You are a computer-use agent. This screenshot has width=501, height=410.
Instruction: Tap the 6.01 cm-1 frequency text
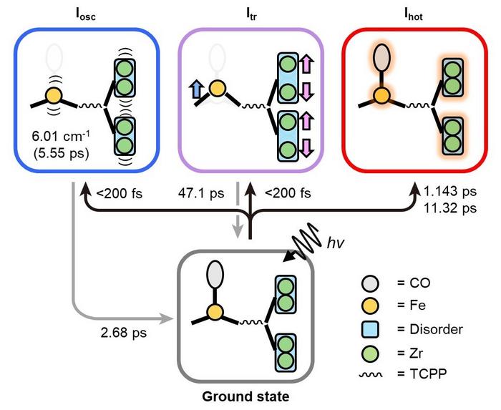(x=60, y=135)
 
